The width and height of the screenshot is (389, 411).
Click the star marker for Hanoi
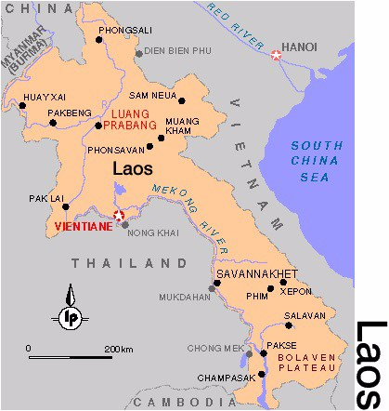pyautogui.click(x=276, y=56)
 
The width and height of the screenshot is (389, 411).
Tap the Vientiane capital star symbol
pyautogui.click(x=118, y=216)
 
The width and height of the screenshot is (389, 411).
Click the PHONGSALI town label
pyautogui.click(x=124, y=30)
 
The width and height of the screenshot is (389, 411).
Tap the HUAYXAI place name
pyautogui.click(x=44, y=95)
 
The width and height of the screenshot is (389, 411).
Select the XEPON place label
pyautogui.click(x=296, y=291)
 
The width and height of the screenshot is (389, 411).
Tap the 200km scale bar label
pyautogui.click(x=120, y=349)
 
